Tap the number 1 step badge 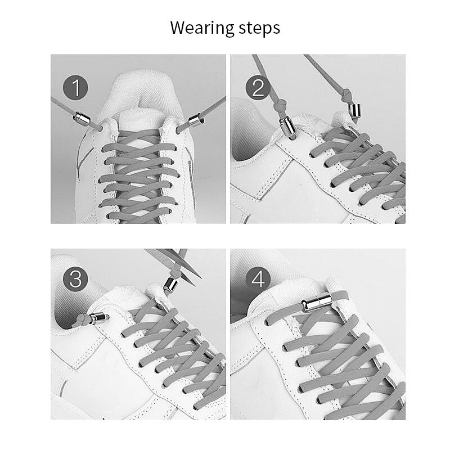pos(75,88)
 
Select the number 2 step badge pos(258,88)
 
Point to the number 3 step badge pos(75,279)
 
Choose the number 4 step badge pos(258,279)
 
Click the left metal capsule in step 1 pos(82,118)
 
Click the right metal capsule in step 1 pos(196,120)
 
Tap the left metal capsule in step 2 pos(287,127)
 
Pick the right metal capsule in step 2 pos(355,110)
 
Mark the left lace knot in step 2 pos(280,106)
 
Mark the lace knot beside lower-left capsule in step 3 pos(82,319)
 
